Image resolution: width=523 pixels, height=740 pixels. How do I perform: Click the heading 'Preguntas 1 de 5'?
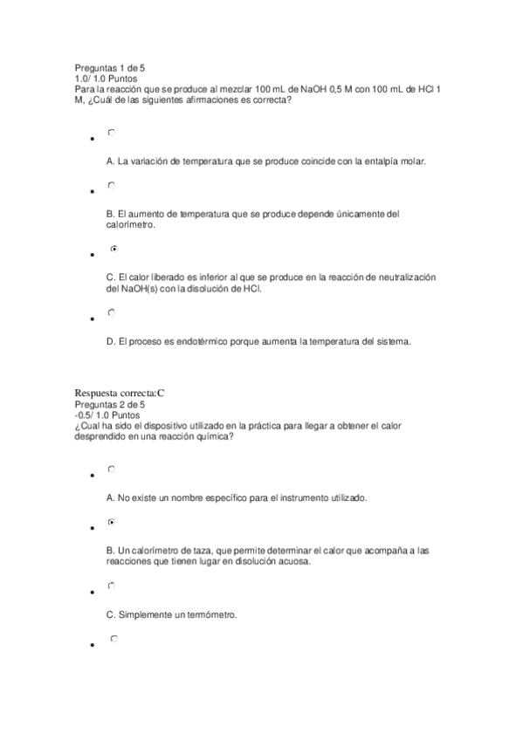pos(109,67)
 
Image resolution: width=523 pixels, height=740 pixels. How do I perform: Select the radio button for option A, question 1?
pos(111,133)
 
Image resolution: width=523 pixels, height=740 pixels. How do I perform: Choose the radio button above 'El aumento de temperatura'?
pos(111,186)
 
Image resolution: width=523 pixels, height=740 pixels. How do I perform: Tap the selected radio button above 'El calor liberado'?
pos(114,249)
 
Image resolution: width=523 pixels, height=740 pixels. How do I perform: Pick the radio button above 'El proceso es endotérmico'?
pos(111,312)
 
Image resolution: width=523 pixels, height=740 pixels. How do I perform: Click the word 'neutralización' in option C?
pos(405,277)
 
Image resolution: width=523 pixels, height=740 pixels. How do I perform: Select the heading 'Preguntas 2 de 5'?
pos(109,405)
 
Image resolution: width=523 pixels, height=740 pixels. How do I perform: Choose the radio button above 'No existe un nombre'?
pos(111,469)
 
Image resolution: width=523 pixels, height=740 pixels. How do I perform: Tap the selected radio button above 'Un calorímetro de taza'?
pos(111,522)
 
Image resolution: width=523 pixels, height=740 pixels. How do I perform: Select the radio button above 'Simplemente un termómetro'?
pos(111,586)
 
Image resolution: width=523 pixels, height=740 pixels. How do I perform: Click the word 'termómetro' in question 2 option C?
pos(213,614)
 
